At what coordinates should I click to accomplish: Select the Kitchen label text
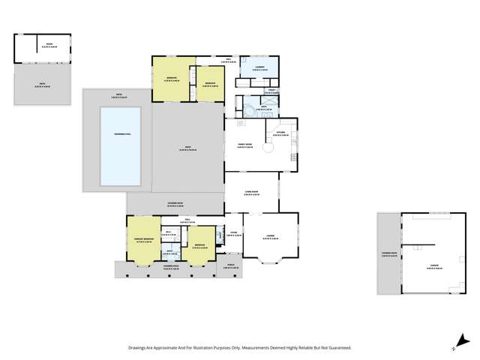pyautogui.click(x=280, y=132)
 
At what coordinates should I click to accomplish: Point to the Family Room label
pyautogui.click(x=244, y=145)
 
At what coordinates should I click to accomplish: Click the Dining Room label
pyautogui.click(x=250, y=193)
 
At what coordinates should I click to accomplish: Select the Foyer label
pyautogui.click(x=233, y=234)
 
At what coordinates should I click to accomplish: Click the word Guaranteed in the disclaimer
pyautogui.click(x=336, y=348)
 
